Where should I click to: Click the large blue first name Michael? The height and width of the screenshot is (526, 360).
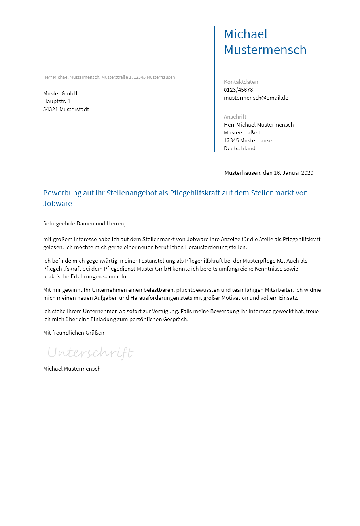(x=246, y=34)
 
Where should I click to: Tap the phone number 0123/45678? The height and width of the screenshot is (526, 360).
(x=238, y=90)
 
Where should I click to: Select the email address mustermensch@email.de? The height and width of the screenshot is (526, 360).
(x=256, y=98)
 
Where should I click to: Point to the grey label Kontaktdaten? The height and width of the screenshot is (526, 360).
(x=241, y=82)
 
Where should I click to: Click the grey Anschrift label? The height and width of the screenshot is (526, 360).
(x=235, y=117)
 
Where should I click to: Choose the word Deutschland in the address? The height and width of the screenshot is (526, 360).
(x=240, y=148)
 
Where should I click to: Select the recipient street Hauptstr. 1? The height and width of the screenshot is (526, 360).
(x=57, y=101)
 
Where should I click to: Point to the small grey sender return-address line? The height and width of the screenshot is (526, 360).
(x=109, y=77)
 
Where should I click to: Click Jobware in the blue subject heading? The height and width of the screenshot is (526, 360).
(x=57, y=204)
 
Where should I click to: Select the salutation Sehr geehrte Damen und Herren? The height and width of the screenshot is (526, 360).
(x=84, y=223)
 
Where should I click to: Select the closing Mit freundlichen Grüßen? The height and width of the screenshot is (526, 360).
(x=74, y=333)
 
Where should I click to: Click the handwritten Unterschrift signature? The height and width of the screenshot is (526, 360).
(x=90, y=352)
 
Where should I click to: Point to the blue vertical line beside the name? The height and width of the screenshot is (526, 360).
(x=214, y=89)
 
